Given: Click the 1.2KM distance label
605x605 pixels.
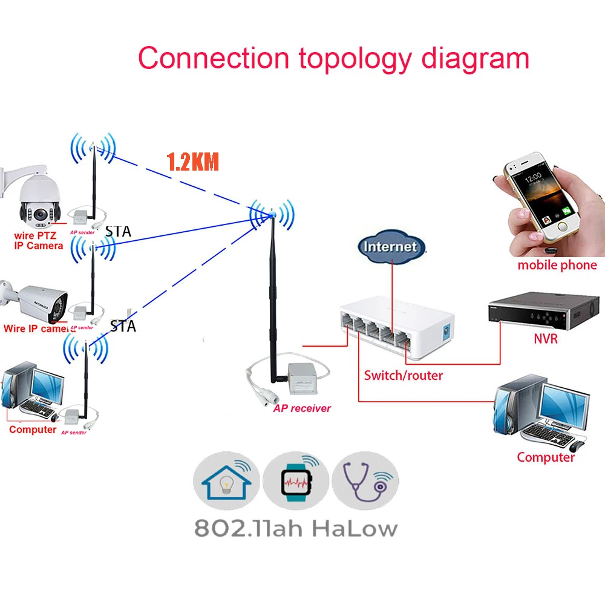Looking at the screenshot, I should click(x=192, y=162).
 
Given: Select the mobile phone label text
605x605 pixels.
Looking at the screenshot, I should click(x=557, y=265).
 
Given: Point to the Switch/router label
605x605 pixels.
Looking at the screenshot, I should click(x=403, y=375).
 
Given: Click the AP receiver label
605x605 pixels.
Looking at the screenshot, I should click(x=302, y=408).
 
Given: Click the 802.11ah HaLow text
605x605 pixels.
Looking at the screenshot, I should click(x=296, y=528).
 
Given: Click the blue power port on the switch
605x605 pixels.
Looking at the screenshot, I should click(x=448, y=332).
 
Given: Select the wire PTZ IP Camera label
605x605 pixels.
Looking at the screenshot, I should click(x=38, y=241).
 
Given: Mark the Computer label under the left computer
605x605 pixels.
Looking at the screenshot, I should click(x=33, y=430).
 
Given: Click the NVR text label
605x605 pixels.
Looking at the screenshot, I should click(x=546, y=339).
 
